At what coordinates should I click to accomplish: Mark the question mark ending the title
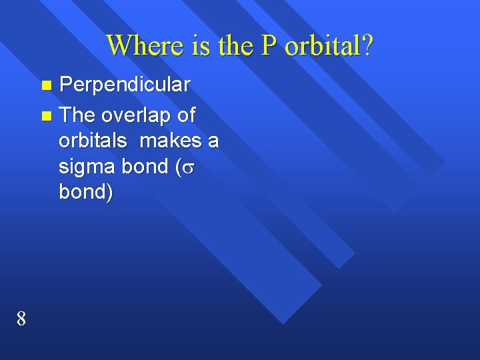click(x=367, y=46)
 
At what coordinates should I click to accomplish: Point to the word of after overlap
click(x=187, y=115)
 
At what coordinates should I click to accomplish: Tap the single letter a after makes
click(x=213, y=142)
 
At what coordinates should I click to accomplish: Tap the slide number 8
click(x=21, y=319)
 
